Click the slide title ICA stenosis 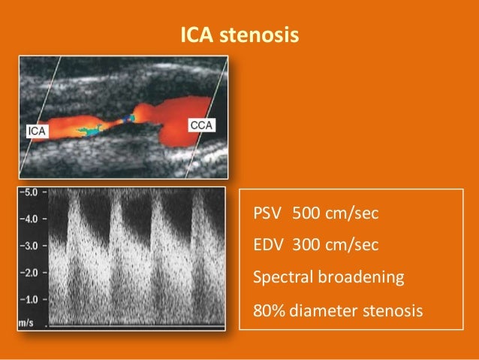(239, 35)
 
